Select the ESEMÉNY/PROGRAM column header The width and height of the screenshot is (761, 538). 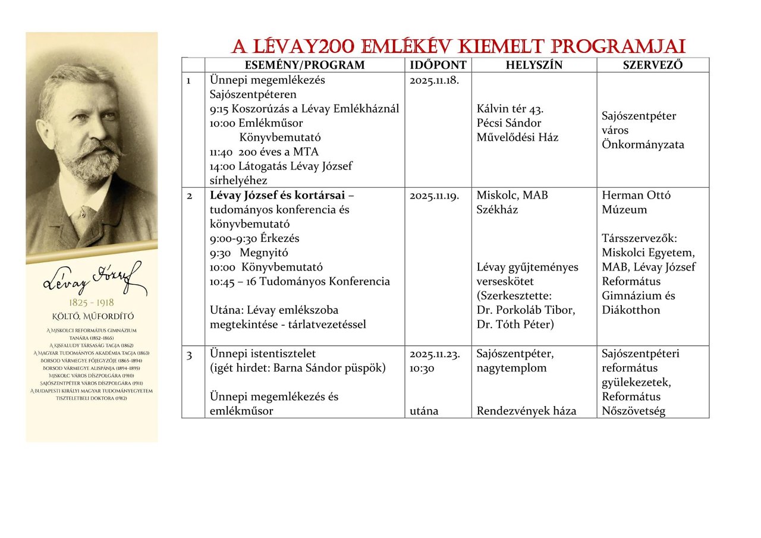pos(304,65)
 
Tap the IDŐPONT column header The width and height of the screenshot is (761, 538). pos(438,65)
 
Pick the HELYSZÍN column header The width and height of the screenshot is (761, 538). pos(534,65)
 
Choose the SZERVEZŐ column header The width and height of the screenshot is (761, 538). pos(652,65)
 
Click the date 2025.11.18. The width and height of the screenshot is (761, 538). pos(434,80)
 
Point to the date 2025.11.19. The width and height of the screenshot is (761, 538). pos(434,196)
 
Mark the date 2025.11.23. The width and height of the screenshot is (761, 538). pos(434,354)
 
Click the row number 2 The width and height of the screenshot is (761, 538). pos(190,196)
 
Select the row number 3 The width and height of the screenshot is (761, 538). pos(190,355)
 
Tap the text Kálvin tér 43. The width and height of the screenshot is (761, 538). pos(511,109)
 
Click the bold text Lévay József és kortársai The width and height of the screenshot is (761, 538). pos(277,196)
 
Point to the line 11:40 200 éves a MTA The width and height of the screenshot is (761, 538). pos(264,152)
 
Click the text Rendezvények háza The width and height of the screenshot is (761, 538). pos(526,411)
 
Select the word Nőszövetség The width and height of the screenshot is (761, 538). pos(633,411)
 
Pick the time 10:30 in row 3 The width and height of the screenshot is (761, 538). pos(422,369)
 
